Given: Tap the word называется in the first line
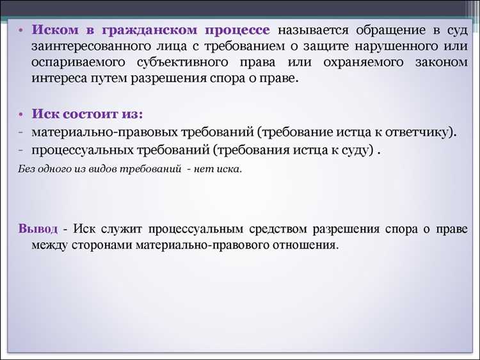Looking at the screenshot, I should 312,31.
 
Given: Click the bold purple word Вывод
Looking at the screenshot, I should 38,229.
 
